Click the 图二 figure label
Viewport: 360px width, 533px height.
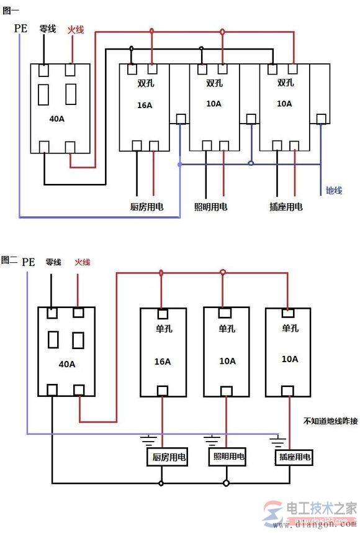pyautogui.click(x=9, y=260)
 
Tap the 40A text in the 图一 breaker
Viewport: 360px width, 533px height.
pyautogui.click(x=56, y=118)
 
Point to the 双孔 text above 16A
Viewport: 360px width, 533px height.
pyautogui.click(x=145, y=83)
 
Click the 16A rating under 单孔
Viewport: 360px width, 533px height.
pyautogui.click(x=162, y=361)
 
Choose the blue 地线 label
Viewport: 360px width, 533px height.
pyautogui.click(x=333, y=190)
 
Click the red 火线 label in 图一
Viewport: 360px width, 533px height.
pyautogui.click(x=76, y=29)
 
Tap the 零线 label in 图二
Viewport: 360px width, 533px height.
pyautogui.click(x=53, y=262)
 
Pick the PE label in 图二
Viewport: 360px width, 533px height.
pyautogui.click(x=28, y=262)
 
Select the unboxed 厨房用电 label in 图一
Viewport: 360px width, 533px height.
pyautogui.click(x=147, y=206)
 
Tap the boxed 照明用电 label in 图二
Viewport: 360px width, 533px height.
pyautogui.click(x=228, y=457)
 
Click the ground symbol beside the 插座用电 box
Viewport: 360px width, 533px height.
pyautogui.click(x=276, y=442)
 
